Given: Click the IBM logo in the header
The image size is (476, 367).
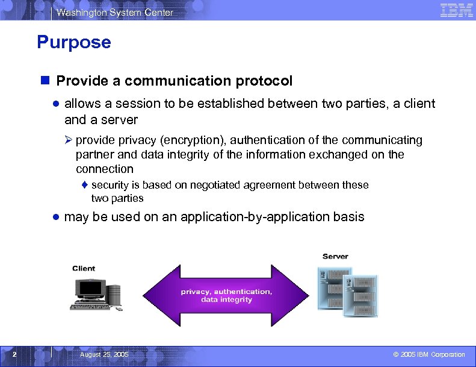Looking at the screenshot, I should point(456,10).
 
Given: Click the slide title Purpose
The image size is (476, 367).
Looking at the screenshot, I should point(73,42).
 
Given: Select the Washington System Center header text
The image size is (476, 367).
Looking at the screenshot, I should point(115,12).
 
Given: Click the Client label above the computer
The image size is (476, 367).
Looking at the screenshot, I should point(84,268).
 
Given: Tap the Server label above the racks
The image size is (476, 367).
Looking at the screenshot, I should point(335,256).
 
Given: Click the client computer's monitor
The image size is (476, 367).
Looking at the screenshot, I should point(88,289).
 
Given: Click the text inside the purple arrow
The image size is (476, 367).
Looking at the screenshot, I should point(226,295).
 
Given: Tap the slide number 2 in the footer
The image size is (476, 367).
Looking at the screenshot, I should point(15,354).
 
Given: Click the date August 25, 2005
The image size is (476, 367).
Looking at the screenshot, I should point(104,354).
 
